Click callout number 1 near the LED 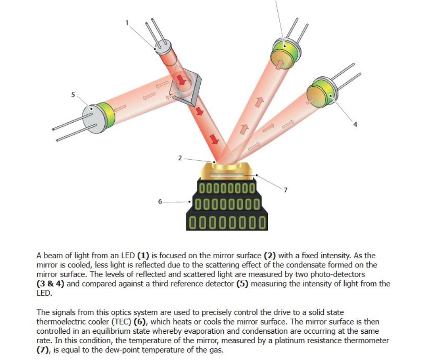127,22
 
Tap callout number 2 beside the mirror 180,158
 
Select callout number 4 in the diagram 355,124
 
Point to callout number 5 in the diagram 73,95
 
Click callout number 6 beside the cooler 160,201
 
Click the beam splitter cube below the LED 185,85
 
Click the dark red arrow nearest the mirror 214,139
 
